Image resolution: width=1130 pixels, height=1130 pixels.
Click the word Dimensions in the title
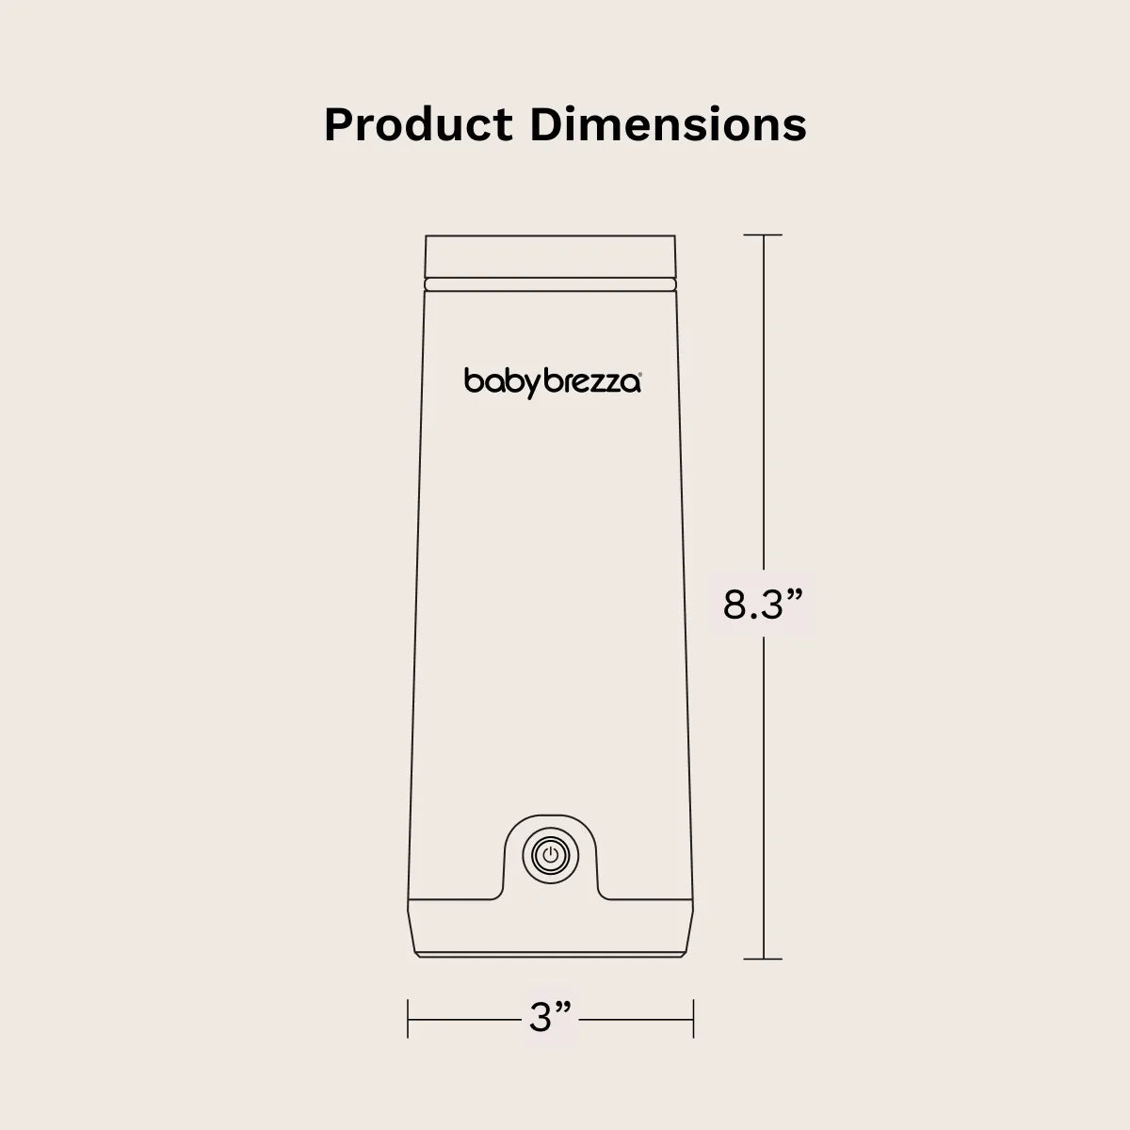669,124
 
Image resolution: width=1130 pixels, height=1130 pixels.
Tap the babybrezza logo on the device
553,381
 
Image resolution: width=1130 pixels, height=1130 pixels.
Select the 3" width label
551,1018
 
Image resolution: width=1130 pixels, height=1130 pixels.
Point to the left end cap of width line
408,1018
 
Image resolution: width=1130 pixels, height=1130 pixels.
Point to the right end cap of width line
694,1018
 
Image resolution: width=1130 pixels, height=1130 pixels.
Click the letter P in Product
337,124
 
